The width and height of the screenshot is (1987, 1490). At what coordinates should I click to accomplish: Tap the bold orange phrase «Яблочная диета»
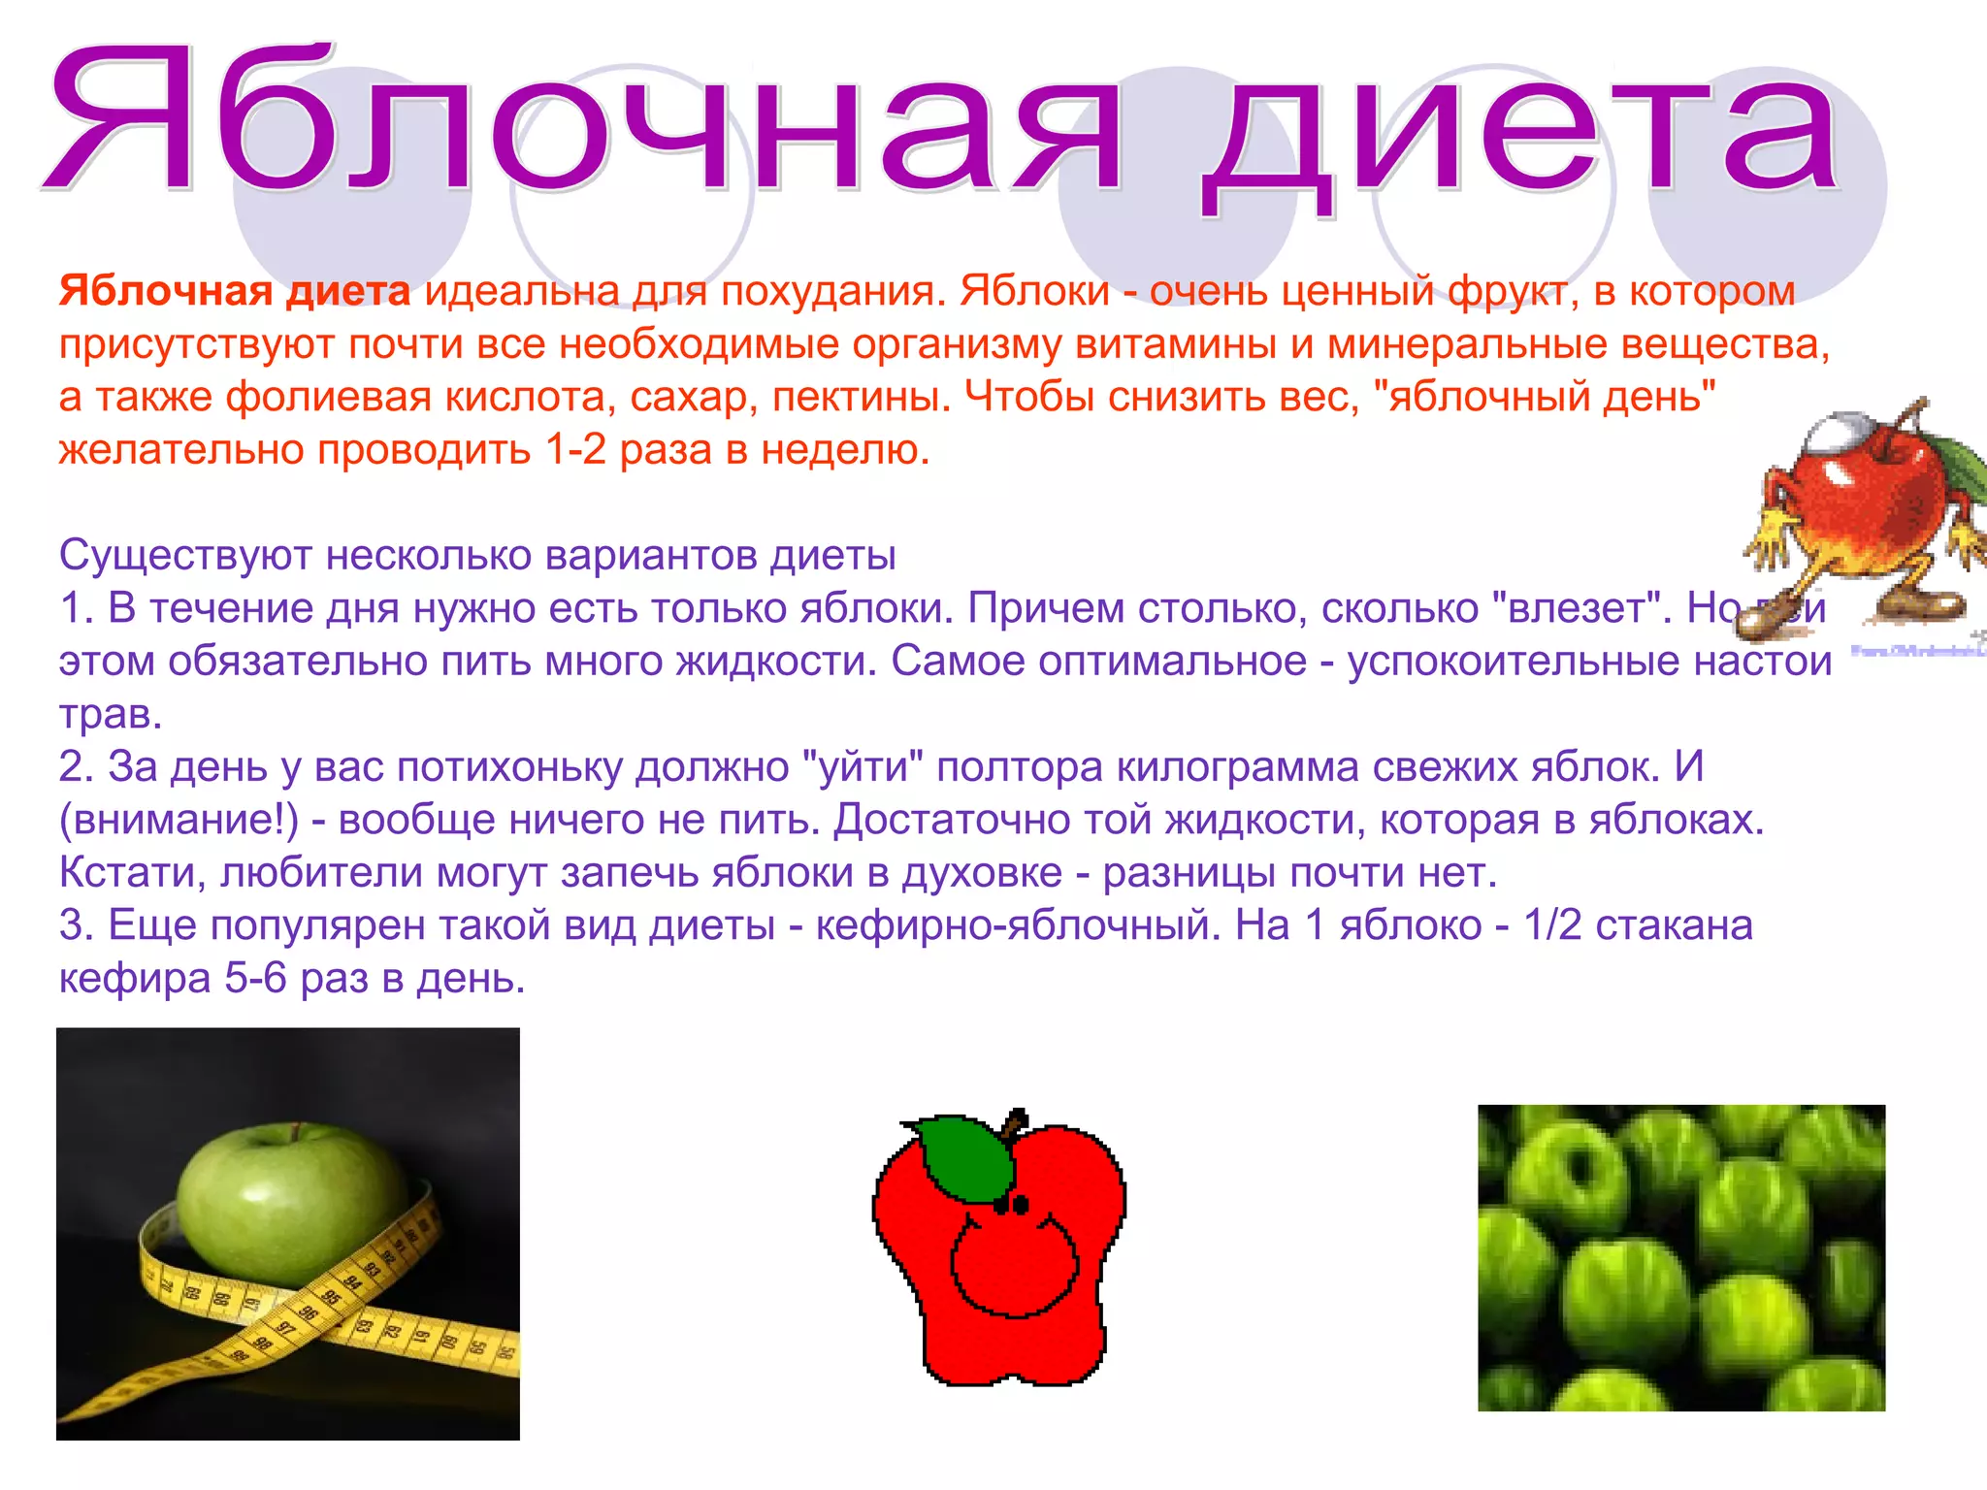tap(234, 291)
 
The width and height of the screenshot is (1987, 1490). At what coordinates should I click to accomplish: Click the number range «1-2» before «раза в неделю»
tap(575, 450)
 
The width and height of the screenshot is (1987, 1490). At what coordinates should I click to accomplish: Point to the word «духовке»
tap(982, 873)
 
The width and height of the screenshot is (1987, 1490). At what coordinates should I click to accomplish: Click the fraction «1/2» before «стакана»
tap(1552, 926)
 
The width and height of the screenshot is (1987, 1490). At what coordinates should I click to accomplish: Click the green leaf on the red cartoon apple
tap(965, 1159)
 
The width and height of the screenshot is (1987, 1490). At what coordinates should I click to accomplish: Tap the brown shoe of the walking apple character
tap(1775, 621)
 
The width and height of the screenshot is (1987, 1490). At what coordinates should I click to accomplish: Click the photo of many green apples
tap(1680, 1257)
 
